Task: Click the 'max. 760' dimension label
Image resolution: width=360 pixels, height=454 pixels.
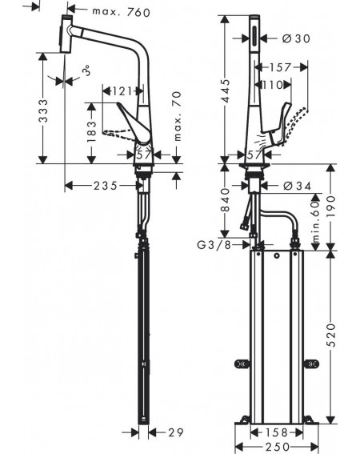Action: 122,12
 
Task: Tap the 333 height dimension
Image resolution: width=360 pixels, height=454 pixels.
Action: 43,110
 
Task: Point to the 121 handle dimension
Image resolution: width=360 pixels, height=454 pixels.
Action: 122,91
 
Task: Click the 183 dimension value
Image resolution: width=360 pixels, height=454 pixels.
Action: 91,132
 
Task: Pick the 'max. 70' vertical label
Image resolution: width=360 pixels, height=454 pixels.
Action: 177,116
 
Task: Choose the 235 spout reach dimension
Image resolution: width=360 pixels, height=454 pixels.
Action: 106,186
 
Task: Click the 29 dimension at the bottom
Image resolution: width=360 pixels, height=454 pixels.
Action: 176,432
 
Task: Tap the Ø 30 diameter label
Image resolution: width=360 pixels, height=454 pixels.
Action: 296,38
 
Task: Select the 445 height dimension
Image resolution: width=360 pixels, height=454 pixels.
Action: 226,90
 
